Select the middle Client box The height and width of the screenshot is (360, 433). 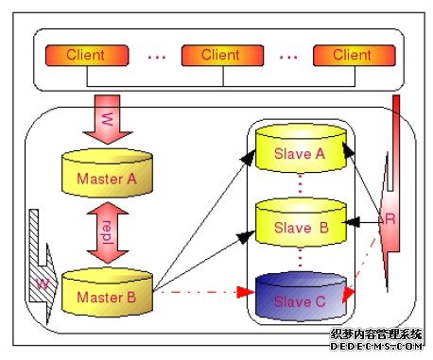[219, 55]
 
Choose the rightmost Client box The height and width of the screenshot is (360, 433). [351, 55]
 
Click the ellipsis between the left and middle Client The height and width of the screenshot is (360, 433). [156, 57]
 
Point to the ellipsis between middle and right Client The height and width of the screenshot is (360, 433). [286, 57]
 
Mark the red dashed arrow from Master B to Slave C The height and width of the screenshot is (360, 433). [199, 293]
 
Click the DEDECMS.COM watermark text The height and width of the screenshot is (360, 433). [375, 347]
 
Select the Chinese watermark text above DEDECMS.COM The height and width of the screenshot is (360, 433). [375, 334]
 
